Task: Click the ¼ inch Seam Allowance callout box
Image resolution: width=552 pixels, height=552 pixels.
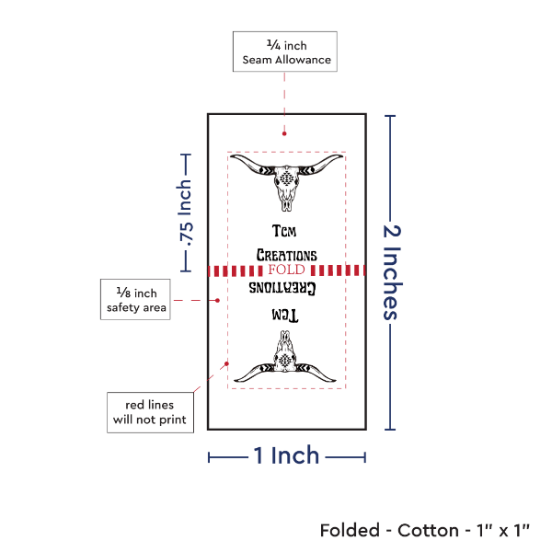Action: coord(285,52)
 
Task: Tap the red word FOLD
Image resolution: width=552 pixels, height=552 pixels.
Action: coord(285,270)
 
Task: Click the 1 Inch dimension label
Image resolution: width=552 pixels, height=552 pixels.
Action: coord(286,455)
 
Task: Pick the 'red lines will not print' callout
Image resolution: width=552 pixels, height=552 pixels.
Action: coord(148,412)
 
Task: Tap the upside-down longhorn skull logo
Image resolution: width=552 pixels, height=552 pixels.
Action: coord(286,360)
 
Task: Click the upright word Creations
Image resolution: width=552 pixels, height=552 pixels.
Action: coord(286,255)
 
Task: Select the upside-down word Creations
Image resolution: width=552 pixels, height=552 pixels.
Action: coord(286,288)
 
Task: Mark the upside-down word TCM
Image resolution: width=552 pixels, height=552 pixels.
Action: coord(286,315)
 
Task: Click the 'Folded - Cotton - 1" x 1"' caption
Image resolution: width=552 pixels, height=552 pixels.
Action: coord(425,530)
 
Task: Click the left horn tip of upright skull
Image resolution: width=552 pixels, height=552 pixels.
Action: coord(232,158)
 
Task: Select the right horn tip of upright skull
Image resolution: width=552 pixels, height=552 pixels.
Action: coord(341,158)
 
